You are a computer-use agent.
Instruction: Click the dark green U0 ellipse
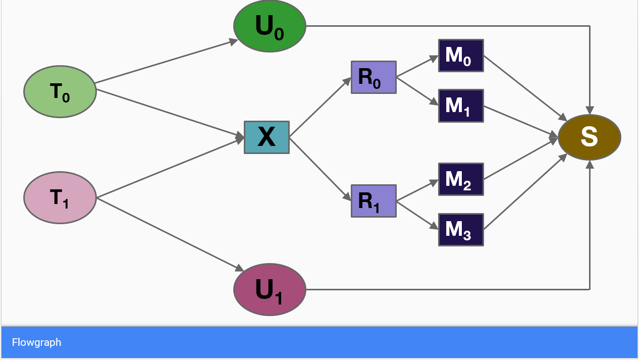(x=270, y=26)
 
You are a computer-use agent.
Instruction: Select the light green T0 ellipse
(x=60, y=92)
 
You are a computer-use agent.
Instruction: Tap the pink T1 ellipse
(x=60, y=197)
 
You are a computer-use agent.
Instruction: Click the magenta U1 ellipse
(x=270, y=289)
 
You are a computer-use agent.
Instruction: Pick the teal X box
(x=267, y=137)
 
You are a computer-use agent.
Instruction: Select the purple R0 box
(x=374, y=77)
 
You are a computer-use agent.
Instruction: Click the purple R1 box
(x=374, y=201)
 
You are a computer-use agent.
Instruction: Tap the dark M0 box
(x=461, y=55)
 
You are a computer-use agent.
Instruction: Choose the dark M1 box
(x=461, y=106)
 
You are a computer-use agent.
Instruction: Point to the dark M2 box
(x=461, y=179)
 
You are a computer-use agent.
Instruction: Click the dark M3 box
(x=461, y=230)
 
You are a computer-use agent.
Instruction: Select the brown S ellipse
(x=589, y=137)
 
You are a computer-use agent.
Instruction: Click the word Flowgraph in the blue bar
(x=36, y=342)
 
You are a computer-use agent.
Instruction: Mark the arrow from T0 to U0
(x=167, y=61)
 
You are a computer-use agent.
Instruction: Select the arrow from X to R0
(x=320, y=108)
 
